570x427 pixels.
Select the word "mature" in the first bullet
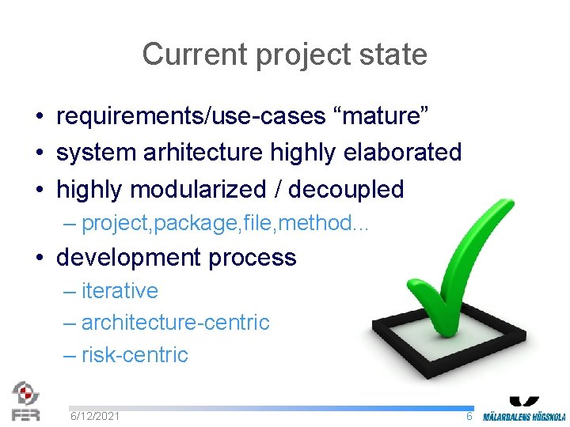[x=382, y=116]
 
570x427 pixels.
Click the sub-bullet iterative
[x=120, y=291]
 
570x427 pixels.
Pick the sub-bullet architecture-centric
[x=175, y=323]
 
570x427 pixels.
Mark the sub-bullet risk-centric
[x=135, y=354]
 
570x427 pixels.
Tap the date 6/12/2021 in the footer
[x=95, y=416]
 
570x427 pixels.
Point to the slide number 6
[x=469, y=416]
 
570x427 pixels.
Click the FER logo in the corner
[x=25, y=401]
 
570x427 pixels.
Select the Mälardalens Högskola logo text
[x=524, y=416]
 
